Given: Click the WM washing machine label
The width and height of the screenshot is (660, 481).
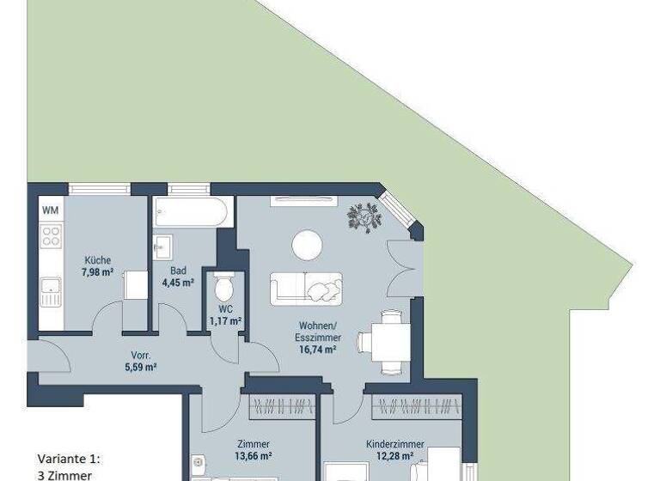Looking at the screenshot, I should tap(50, 209).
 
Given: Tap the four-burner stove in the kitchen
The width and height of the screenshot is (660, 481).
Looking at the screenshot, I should tap(51, 236).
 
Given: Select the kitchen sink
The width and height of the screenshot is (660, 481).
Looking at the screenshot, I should tap(51, 291).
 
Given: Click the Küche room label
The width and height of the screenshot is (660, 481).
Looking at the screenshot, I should tap(97, 261).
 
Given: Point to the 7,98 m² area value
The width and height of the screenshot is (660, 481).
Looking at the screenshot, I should tap(97, 272).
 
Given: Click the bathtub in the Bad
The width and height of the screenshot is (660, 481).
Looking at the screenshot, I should tap(192, 212).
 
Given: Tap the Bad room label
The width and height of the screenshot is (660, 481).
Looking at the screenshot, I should tap(177, 271).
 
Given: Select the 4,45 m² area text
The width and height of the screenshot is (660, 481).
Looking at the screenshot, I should tap(177, 282).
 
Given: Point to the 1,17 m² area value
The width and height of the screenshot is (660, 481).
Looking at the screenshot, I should tap(225, 321).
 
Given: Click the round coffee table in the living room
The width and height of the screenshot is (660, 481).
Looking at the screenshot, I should tap(307, 246).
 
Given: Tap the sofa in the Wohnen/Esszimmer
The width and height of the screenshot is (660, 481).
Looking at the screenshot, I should tap(306, 289).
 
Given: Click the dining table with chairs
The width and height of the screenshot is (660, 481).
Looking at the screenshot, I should tap(383, 342).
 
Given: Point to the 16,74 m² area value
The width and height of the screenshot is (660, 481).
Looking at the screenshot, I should tap(316, 350).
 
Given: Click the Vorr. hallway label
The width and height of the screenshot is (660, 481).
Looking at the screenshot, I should tap(141, 355).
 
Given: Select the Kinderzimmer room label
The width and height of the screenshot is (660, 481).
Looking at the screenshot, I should tap(393, 445).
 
